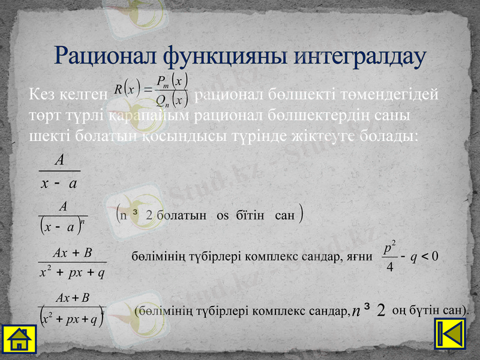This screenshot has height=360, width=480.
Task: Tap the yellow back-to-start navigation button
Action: pos(449,333)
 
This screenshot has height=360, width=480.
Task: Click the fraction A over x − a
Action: pos(59,172)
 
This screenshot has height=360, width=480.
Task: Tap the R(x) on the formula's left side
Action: pos(127,91)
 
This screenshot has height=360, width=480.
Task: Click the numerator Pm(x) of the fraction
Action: pos(172,80)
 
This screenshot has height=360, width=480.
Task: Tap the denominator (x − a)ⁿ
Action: pos(62,227)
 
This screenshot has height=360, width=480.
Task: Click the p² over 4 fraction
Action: pos(390,256)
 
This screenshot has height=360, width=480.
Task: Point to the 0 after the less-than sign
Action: pos(436,256)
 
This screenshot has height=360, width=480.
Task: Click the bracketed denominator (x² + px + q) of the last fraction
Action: pos(70,318)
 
